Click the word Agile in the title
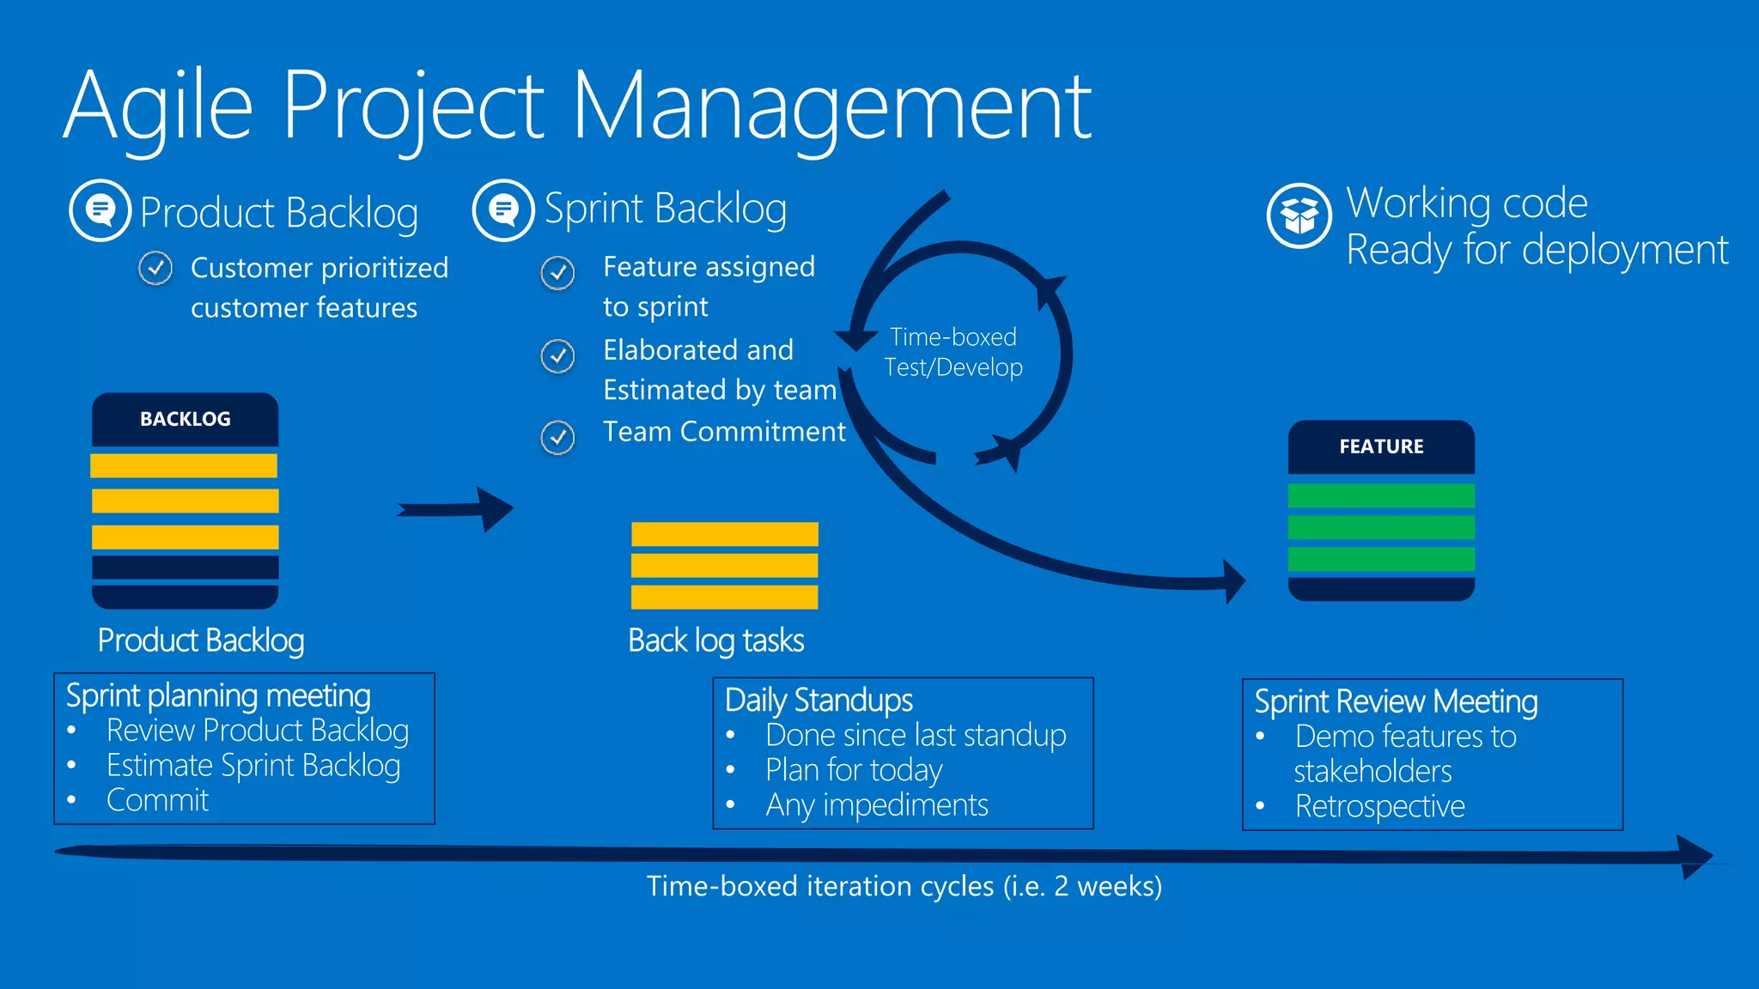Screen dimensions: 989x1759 (159, 107)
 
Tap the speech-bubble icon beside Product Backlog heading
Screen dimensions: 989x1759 (100, 210)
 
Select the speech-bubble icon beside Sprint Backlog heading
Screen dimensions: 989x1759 (504, 209)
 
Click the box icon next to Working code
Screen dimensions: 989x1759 (1299, 215)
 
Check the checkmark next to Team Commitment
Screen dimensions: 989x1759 (557, 438)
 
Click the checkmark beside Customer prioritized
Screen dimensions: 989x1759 (155, 269)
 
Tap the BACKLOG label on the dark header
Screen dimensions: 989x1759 (186, 419)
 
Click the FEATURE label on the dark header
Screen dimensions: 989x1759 (1381, 446)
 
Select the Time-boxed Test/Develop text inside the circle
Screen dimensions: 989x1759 (953, 352)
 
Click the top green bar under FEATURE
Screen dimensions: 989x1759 (1381, 495)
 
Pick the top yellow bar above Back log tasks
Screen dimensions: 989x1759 (724, 534)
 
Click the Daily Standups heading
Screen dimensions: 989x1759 (819, 701)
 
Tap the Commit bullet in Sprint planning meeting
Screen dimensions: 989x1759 (157, 800)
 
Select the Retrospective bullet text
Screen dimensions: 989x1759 (1379, 806)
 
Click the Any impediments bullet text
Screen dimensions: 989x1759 (876, 805)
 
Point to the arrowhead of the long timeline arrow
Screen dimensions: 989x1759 (1695, 856)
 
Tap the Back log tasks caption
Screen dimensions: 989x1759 (715, 640)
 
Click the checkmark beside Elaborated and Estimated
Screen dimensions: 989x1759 (557, 355)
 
